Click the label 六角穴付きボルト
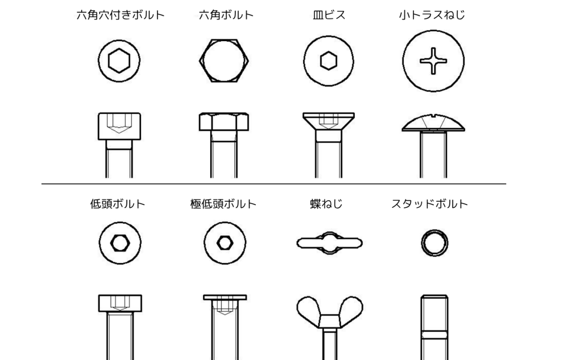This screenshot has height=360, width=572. pos(120,15)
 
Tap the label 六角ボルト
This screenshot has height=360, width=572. pos(226,15)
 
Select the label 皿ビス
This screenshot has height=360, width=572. pos(329,15)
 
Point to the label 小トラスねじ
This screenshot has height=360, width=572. pos(432,15)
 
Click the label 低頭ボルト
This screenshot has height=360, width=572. pos(117,204)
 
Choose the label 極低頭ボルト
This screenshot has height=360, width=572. pos(223,204)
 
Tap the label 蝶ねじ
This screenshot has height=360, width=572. pos(326,204)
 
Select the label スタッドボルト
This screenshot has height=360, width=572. pos(429,204)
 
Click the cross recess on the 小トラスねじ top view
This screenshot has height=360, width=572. pos(433,61)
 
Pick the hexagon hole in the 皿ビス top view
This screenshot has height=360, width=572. pos(328,61)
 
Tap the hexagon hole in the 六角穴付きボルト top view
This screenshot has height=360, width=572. pos(119,61)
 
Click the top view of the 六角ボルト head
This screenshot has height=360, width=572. pos(224,61)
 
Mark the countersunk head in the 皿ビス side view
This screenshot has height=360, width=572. pos(328,121)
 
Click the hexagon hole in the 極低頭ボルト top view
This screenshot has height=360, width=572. pos(225,243)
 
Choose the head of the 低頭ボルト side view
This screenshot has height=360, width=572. pos(120,303)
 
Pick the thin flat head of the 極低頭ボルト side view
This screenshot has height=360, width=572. pos(225,298)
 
